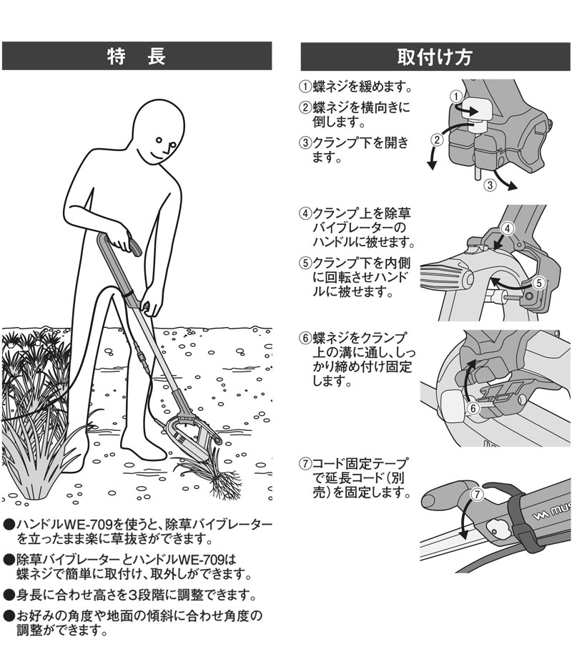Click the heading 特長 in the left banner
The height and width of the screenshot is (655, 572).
tap(137, 56)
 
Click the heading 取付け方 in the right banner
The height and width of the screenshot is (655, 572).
tap(435, 56)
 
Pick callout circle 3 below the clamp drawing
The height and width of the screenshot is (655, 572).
tap(490, 185)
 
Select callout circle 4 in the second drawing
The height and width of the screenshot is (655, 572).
tap(506, 228)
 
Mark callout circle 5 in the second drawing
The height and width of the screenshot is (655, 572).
tap(540, 282)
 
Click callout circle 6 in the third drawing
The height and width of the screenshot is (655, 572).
tap(472, 407)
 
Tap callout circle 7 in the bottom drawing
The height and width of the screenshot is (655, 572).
tap(478, 493)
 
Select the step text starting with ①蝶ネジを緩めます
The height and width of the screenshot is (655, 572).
tap(355, 87)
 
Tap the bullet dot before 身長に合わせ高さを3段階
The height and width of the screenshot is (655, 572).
tap(9, 593)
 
